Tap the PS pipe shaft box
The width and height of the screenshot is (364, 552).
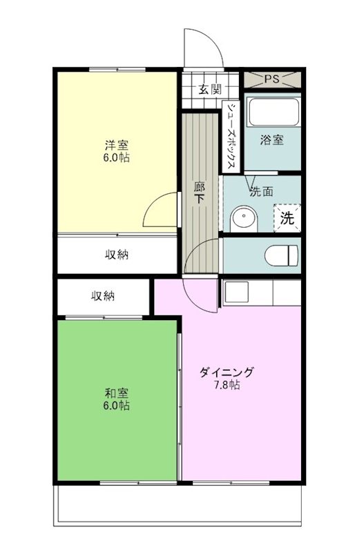[272, 79]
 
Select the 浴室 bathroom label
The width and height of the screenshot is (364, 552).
[271, 140]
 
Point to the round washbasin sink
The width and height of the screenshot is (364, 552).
[243, 219]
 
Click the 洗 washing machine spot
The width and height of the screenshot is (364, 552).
[286, 218]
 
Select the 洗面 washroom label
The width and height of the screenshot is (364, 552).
[262, 190]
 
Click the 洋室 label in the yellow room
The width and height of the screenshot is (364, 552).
[116, 145]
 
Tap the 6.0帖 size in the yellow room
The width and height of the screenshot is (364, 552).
[116, 157]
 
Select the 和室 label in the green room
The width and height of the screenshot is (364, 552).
[116, 393]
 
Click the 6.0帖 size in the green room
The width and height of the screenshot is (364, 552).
[116, 406]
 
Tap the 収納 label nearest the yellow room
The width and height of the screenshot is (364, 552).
[117, 255]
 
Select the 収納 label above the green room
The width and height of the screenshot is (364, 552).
[104, 297]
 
